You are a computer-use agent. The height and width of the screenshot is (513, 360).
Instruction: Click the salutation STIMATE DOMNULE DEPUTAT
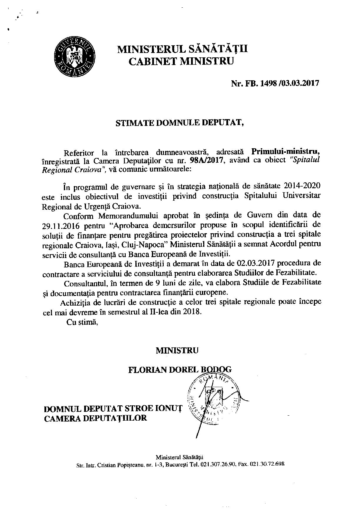(x=180, y=123)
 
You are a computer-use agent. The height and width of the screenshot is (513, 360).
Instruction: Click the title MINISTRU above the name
(x=177, y=351)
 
